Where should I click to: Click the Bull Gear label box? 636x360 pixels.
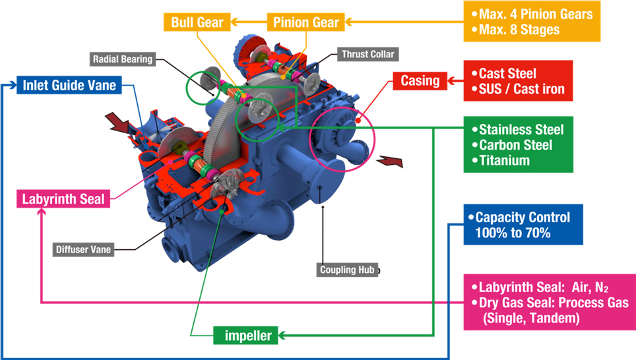197,22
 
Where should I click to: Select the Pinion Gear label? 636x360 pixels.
306,22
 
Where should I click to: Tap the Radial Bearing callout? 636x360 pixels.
122,59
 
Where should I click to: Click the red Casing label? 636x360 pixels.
420,81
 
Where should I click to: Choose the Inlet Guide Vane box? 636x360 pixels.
69,85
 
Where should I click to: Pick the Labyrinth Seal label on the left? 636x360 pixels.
63,198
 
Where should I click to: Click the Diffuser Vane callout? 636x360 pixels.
83,249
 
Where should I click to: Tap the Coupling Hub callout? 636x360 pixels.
348,270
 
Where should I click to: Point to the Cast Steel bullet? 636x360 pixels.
507,73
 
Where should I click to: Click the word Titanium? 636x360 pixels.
504,160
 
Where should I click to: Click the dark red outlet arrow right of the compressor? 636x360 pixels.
391,161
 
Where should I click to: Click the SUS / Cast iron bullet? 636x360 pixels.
521,89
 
